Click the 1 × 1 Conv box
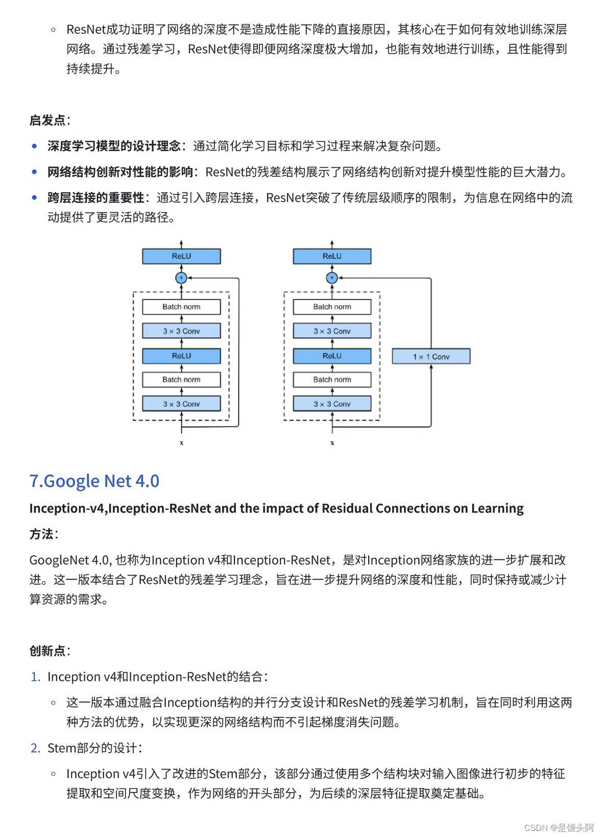pos(431,356)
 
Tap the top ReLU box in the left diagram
pos(181,256)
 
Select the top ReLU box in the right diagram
pos(332,256)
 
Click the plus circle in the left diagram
pos(181,278)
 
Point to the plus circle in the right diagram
pos(332,278)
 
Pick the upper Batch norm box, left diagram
pos(181,307)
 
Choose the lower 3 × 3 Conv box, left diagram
pos(181,404)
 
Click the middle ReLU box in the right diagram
pos(332,356)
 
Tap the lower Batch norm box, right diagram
pos(332,380)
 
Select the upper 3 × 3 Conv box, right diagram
pos(332,331)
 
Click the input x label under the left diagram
pos(181,443)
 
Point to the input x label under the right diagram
pos(332,443)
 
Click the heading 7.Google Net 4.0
pos(94,481)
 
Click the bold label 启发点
pos(47,120)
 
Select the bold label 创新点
pos(47,651)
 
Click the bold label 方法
pos(41,534)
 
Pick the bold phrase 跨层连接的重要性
pos(96,198)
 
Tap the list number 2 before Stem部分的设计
pos(35,748)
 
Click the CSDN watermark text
pos(559,827)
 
